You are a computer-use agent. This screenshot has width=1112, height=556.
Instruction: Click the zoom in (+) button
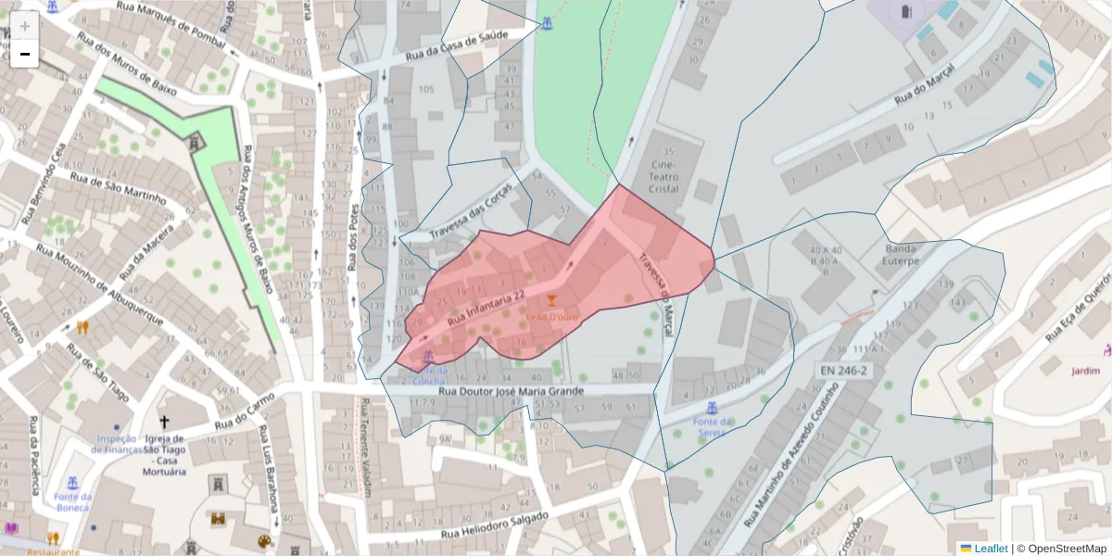click(25, 26)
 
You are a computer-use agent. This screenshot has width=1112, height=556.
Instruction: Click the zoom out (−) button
click(25, 54)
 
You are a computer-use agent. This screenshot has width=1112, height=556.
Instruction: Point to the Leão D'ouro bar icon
click(553, 300)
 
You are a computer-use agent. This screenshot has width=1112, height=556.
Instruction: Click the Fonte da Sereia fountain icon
click(712, 408)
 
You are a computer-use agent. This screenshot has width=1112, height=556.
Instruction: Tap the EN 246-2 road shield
click(843, 371)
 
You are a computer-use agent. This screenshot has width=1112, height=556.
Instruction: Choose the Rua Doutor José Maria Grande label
click(511, 391)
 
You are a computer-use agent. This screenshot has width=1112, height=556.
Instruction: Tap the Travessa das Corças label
click(471, 209)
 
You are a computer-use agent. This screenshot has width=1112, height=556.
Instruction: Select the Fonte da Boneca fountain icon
click(73, 482)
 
